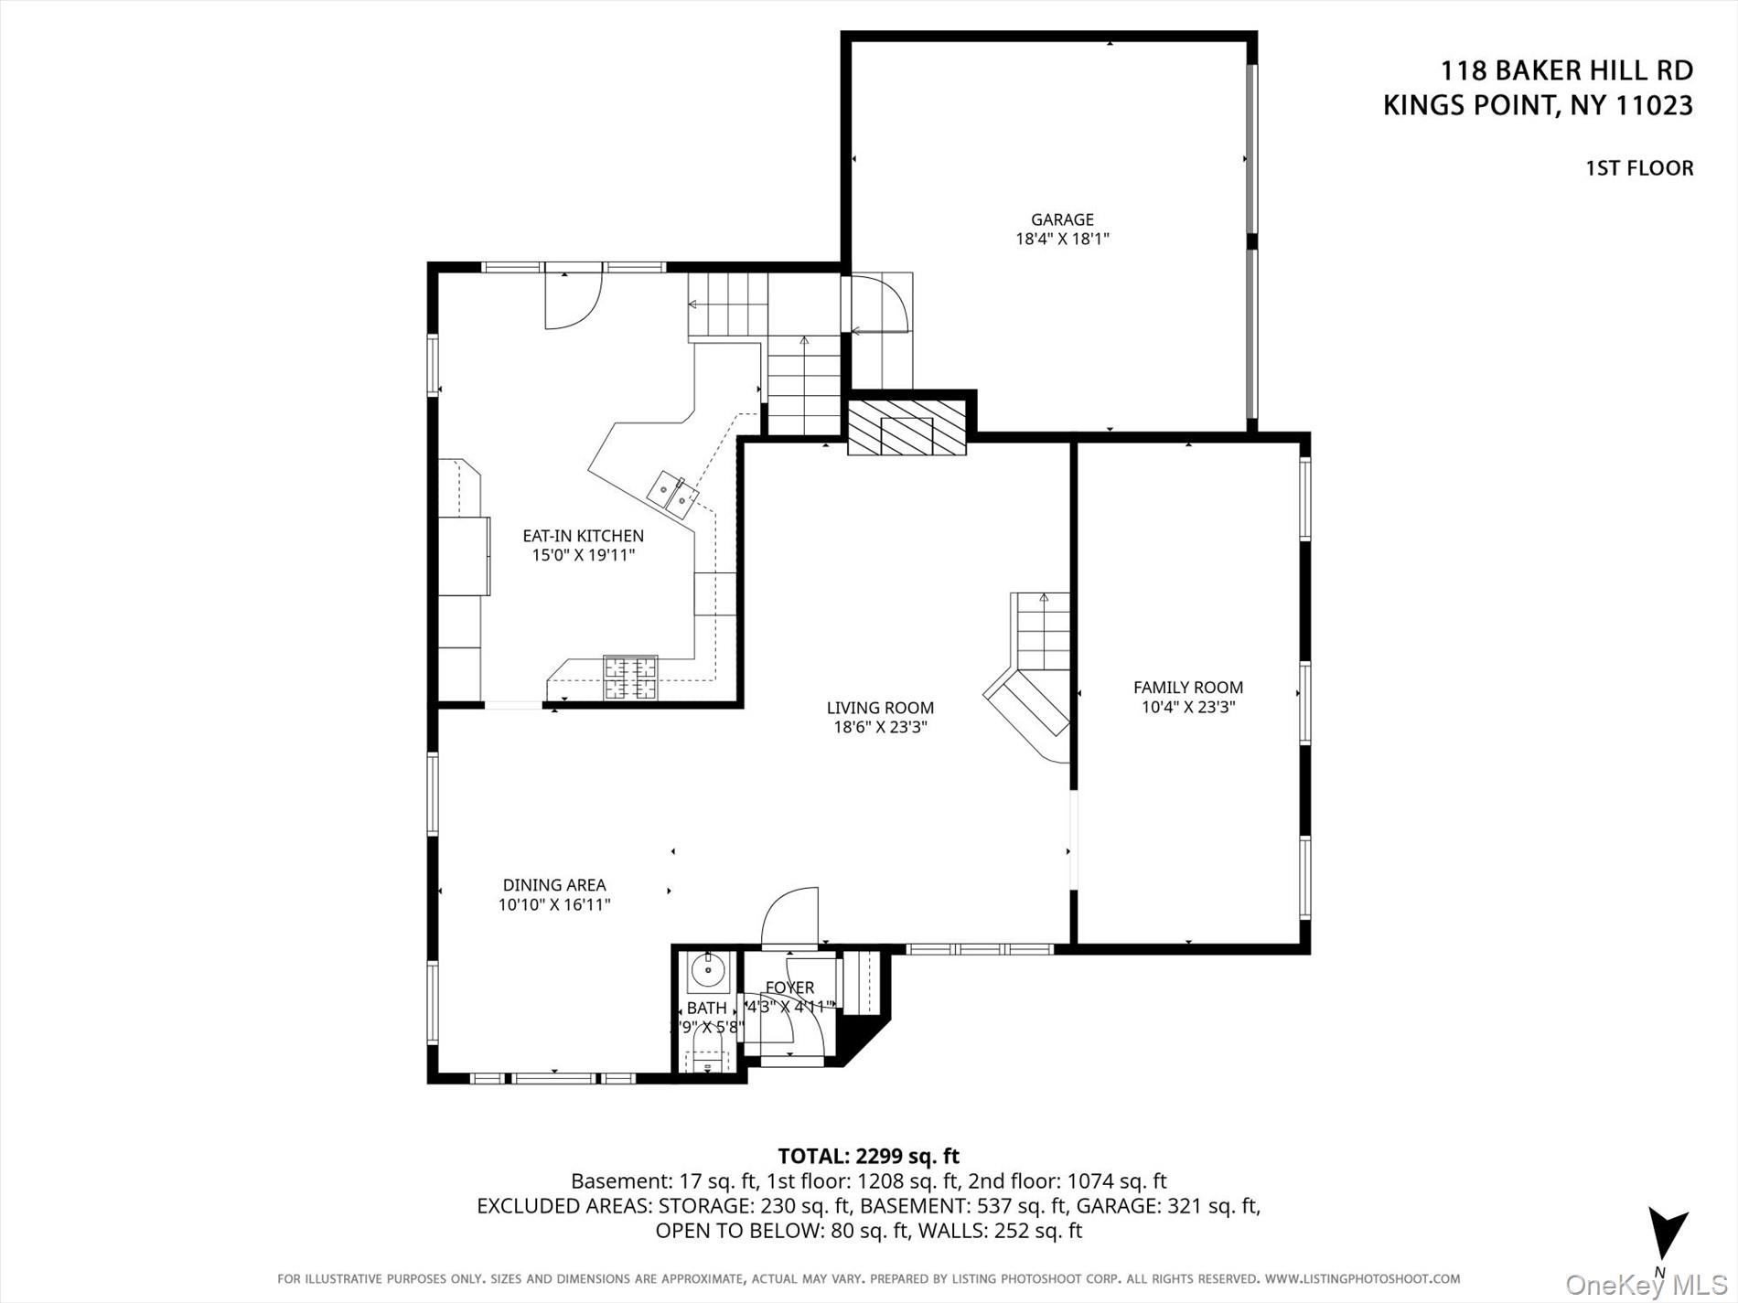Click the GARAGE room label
point(1062,219)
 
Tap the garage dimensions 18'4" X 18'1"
point(1062,240)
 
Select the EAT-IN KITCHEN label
point(583,536)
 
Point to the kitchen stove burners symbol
point(630,678)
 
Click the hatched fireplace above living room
point(907,428)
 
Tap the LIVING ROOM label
point(880,708)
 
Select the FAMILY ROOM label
point(1187,688)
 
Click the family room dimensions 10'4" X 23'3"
point(1187,707)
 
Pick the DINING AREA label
point(554,885)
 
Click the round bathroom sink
point(708,968)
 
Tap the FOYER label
point(789,988)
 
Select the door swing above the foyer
point(790,916)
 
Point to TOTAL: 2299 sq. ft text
point(868,1156)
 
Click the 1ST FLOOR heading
point(1639,168)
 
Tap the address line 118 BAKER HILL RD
point(1566,70)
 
